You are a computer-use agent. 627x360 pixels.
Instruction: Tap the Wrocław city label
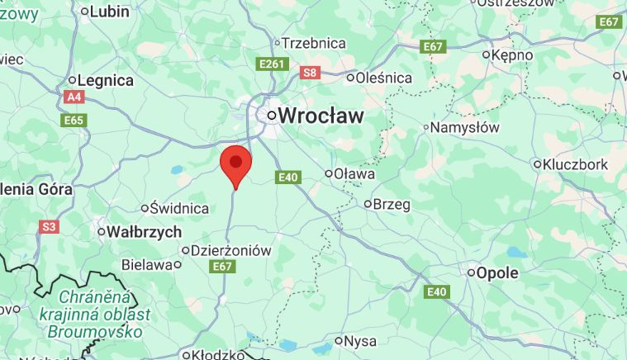click(x=320, y=116)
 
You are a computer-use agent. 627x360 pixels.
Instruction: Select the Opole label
click(x=497, y=272)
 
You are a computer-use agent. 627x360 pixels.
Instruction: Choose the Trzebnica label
click(x=313, y=43)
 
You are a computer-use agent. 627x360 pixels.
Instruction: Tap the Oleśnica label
click(x=383, y=78)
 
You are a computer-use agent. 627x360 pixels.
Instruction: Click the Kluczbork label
click(x=575, y=164)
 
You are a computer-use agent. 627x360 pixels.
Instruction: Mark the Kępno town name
click(x=512, y=55)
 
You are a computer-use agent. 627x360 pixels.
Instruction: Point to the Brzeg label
click(x=392, y=203)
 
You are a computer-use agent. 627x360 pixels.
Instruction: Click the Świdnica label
click(x=179, y=208)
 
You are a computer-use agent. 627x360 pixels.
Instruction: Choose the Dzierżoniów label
click(x=230, y=250)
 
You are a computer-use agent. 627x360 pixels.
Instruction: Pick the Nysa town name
click(x=359, y=341)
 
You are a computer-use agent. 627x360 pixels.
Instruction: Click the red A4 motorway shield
click(x=74, y=97)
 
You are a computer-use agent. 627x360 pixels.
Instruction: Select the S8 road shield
click(x=310, y=73)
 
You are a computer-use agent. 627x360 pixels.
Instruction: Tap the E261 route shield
click(x=272, y=64)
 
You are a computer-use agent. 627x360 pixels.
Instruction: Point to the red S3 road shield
click(x=49, y=226)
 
